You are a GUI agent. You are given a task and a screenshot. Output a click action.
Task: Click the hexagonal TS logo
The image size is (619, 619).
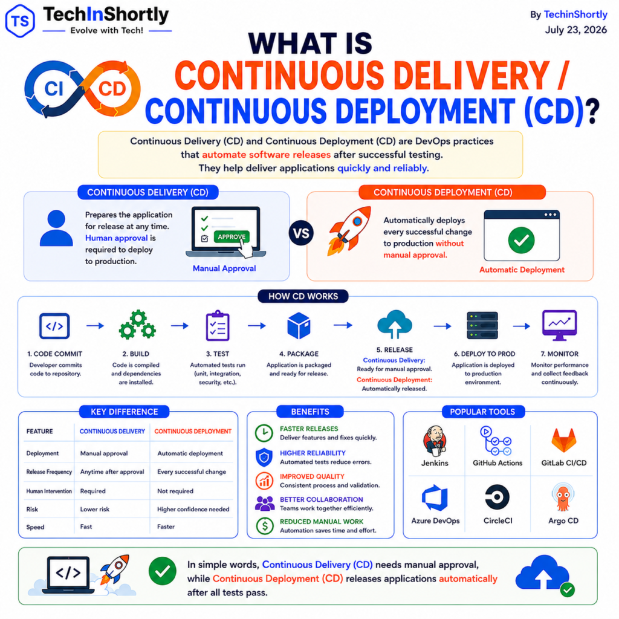pos(20,21)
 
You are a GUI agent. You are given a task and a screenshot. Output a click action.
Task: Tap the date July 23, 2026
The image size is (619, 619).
pos(576,30)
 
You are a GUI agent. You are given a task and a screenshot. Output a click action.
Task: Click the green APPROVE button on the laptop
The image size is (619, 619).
pos(232,237)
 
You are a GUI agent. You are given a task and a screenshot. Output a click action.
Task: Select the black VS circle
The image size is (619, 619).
pos(301,233)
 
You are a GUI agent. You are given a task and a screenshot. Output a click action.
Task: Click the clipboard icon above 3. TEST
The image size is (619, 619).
pos(218,326)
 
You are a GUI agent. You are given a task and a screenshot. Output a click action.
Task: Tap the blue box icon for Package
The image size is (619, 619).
pos(299,326)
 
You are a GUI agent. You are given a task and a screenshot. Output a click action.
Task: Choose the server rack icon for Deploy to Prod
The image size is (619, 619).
pos(482,326)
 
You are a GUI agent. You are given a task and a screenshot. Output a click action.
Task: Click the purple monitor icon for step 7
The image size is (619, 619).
pos(559,325)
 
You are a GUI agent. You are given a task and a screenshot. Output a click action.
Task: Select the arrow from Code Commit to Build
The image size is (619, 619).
pos(95,326)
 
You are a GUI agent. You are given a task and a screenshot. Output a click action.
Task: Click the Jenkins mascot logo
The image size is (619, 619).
pos(435,440)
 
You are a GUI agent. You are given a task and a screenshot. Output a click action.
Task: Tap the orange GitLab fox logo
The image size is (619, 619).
pos(564,440)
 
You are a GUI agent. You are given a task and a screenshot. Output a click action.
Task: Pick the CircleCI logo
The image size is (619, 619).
pos(497,497)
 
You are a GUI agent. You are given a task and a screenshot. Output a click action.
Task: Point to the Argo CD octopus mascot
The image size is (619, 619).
pos(563,497)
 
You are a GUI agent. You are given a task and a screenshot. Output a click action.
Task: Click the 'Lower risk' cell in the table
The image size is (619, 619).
pos(95,509)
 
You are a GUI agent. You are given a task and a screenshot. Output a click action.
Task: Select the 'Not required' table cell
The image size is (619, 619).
pos(175,491)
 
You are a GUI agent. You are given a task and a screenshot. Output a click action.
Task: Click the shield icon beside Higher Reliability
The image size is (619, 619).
pos(264,458)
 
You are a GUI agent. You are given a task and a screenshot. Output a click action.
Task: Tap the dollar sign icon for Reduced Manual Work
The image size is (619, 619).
pos(265,526)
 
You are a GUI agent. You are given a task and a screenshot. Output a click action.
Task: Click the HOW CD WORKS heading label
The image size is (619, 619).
pos(303,296)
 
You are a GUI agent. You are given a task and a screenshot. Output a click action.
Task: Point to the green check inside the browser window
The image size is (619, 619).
pos(522,240)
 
